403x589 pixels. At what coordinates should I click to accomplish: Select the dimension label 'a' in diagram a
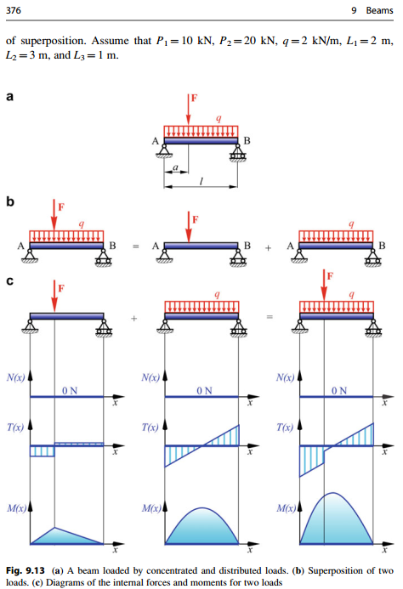click(x=175, y=170)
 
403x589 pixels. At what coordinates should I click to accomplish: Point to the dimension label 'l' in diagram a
click(x=201, y=182)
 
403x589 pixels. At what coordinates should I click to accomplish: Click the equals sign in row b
click(x=134, y=246)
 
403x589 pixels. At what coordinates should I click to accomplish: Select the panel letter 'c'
click(x=10, y=283)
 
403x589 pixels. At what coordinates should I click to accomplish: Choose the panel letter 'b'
click(x=10, y=204)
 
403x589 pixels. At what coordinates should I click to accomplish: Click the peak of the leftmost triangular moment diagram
click(x=54, y=528)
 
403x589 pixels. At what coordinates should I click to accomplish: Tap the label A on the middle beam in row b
click(x=154, y=246)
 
